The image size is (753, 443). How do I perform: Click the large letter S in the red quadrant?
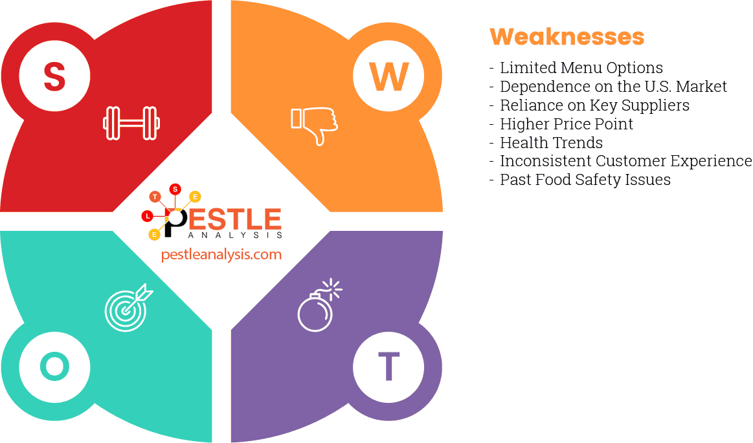click(x=54, y=76)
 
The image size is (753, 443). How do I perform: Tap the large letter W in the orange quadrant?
click(x=388, y=76)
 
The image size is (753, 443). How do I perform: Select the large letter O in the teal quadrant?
click(x=54, y=367)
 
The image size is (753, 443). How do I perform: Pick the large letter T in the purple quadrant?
click(x=388, y=367)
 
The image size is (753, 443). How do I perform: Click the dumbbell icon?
click(x=131, y=123)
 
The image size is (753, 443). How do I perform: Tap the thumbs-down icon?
click(x=314, y=124)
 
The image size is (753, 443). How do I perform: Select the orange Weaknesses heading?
click(x=567, y=36)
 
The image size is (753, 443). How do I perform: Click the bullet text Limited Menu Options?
click(x=581, y=68)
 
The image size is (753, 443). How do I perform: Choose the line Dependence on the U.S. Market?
click(x=613, y=87)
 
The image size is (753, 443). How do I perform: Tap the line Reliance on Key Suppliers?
click(x=594, y=105)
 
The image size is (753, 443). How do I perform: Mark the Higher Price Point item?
click(x=567, y=124)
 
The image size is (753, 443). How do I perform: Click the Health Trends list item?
click(x=551, y=143)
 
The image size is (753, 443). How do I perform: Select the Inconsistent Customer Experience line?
click(x=625, y=161)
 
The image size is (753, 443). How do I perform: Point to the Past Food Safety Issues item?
click(x=585, y=180)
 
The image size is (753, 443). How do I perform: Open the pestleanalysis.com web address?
click(x=221, y=254)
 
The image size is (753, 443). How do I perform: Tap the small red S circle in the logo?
click(x=175, y=189)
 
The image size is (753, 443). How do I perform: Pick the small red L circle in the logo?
click(x=148, y=215)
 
